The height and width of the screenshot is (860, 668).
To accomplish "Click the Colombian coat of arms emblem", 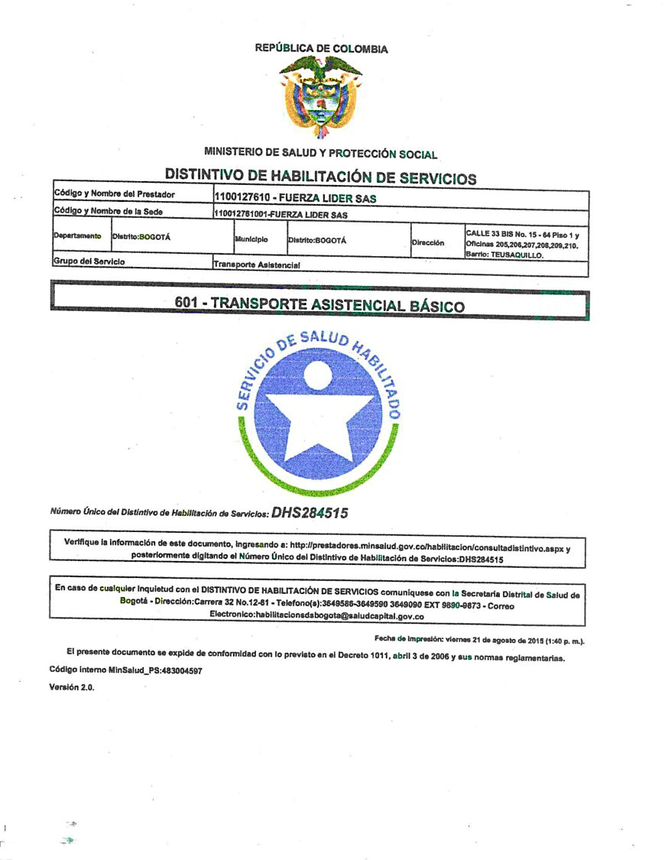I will point(321,97).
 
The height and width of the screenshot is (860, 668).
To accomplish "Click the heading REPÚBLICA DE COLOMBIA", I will point(321,49).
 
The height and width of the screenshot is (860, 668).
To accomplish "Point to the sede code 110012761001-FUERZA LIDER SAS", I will point(280,215).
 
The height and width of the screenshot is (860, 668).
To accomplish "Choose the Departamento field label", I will point(77,236).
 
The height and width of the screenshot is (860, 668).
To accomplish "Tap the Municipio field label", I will point(251,239).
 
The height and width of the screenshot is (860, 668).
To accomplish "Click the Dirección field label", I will point(428,242).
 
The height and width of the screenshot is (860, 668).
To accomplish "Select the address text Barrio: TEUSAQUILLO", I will point(504,255).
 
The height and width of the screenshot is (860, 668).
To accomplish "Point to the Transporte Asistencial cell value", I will point(257,264).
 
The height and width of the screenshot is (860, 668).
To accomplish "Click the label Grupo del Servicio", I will point(89,261).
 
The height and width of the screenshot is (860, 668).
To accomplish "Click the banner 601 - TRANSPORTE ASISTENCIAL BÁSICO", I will point(319,303).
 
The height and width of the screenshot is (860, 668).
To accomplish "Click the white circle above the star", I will point(317,375).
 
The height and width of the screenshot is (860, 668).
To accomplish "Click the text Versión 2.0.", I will point(72,686).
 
